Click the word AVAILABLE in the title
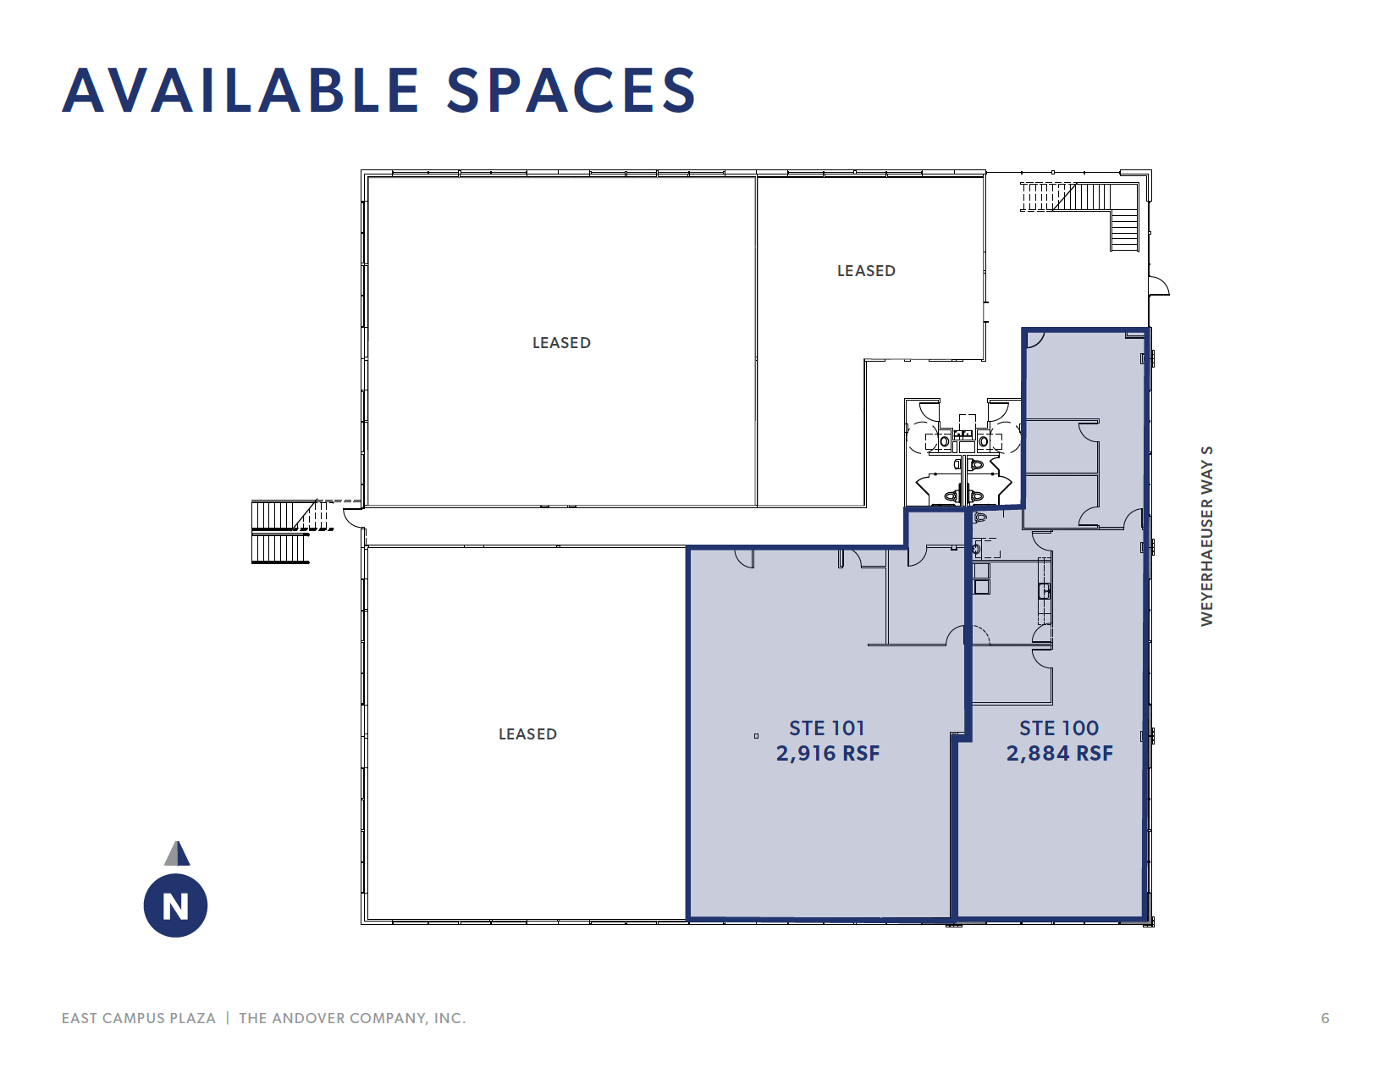click(241, 91)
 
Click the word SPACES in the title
click(571, 91)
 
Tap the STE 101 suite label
click(826, 728)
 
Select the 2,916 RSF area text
click(828, 753)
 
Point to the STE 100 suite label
click(1058, 728)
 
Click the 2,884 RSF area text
click(1059, 753)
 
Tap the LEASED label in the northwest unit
click(561, 343)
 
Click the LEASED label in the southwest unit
click(527, 734)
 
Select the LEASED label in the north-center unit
click(866, 271)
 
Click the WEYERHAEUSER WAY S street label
click(1207, 536)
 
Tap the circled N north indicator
click(175, 906)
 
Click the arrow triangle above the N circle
click(177, 853)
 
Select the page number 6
click(1325, 1018)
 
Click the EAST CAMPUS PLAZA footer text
click(139, 1018)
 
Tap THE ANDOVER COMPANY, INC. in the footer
click(352, 1018)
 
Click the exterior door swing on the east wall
click(1158, 286)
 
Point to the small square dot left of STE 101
click(756, 736)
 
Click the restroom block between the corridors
click(963, 453)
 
